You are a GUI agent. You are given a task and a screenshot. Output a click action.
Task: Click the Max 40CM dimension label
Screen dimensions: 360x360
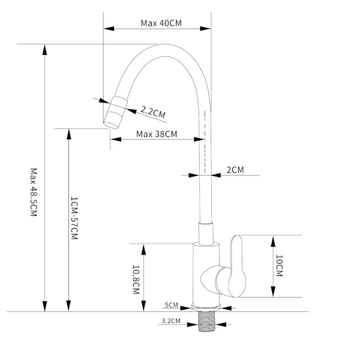(161, 23)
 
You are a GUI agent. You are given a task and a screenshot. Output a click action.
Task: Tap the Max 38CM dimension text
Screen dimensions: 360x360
(157, 134)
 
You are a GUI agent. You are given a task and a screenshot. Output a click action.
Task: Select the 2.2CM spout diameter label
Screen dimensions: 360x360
(153, 111)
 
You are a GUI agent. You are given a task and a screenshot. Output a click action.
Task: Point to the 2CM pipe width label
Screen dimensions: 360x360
(235, 170)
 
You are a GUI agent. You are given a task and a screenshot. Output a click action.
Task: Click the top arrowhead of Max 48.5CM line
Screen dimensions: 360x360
(46, 49)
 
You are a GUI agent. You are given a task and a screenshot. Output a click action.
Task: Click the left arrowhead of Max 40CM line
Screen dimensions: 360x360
(107, 28)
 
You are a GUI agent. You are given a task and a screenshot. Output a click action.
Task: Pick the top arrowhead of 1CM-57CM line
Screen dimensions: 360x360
(69, 132)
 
